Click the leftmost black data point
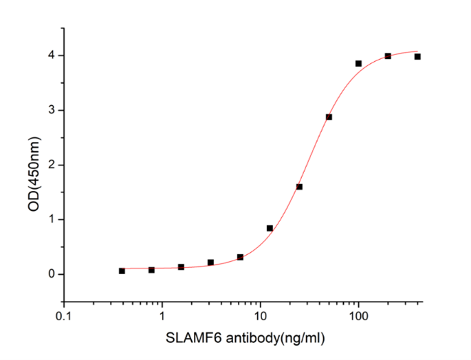click(122, 271)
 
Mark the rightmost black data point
click(417, 57)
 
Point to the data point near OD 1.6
click(299, 187)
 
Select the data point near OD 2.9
click(329, 117)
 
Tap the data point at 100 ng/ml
click(358, 63)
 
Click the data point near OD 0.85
click(270, 228)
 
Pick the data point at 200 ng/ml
click(388, 56)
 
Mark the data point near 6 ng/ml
click(240, 257)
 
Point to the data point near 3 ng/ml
click(211, 263)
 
